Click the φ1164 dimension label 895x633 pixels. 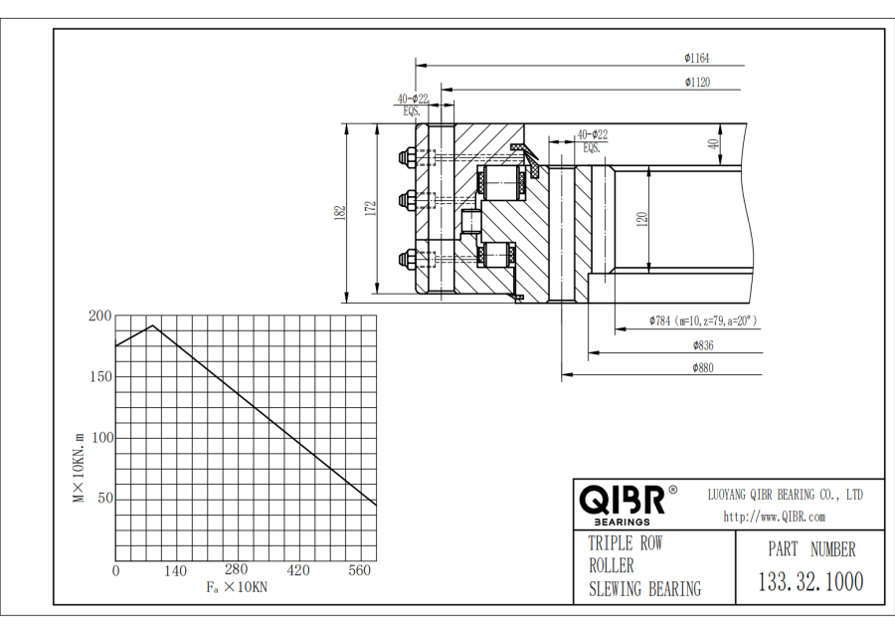point(696,58)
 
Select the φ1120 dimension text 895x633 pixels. point(696,83)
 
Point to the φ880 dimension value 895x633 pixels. point(704,368)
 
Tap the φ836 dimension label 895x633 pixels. point(704,345)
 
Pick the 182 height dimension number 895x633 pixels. point(340,211)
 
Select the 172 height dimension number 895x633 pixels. point(370,208)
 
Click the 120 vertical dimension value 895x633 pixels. point(642,218)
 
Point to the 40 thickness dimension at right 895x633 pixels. point(712,143)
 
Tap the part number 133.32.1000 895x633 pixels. point(811,581)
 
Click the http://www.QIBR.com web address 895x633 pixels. point(774,517)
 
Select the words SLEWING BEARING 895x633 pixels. point(644,589)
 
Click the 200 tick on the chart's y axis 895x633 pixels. point(100,316)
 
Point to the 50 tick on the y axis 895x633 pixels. point(103,499)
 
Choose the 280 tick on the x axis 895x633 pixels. point(236,570)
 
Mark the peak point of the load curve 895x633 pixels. point(152,325)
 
